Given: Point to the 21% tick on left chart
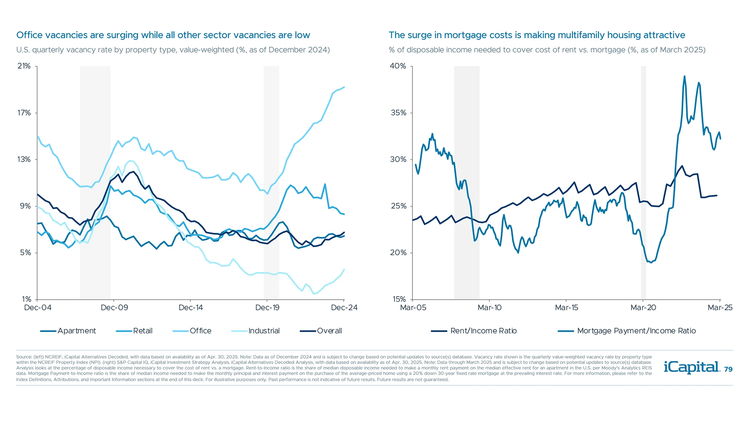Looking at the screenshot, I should pyautogui.click(x=24, y=66).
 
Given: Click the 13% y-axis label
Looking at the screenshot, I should pyautogui.click(x=24, y=159).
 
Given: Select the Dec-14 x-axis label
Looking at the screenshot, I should pyautogui.click(x=190, y=308).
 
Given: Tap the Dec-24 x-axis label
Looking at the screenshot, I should pyautogui.click(x=344, y=308).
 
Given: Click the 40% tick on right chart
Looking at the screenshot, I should pyautogui.click(x=398, y=66).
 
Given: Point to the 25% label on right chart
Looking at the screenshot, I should pyautogui.click(x=398, y=206).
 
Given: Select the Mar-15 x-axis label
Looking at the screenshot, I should pyautogui.click(x=566, y=308).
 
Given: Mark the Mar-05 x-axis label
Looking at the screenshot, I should pyautogui.click(x=413, y=308).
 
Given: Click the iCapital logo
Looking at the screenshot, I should pyautogui.click(x=691, y=367).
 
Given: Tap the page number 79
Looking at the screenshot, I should pyautogui.click(x=728, y=370).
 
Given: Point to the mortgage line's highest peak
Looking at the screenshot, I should pyautogui.click(x=684, y=76).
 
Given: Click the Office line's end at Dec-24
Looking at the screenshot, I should pyautogui.click(x=344, y=87).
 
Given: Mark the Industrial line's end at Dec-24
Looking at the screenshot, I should pyautogui.click(x=344, y=269).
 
